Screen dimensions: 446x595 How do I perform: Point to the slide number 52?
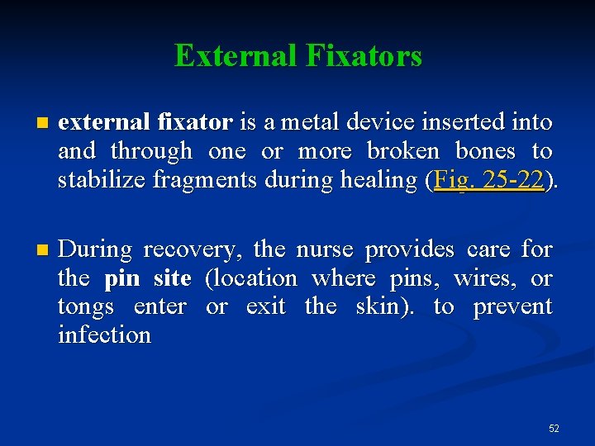pyautogui.click(x=554, y=429)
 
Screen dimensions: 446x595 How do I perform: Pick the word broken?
pyautogui.click(x=403, y=151)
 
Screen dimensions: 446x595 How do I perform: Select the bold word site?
pyautogui.click(x=172, y=278)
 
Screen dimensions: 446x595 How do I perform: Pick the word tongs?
pyautogui.click(x=86, y=307)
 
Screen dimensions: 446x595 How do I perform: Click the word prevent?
pyautogui.click(x=512, y=307)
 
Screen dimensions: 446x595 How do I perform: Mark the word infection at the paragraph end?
pyautogui.click(x=104, y=335)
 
